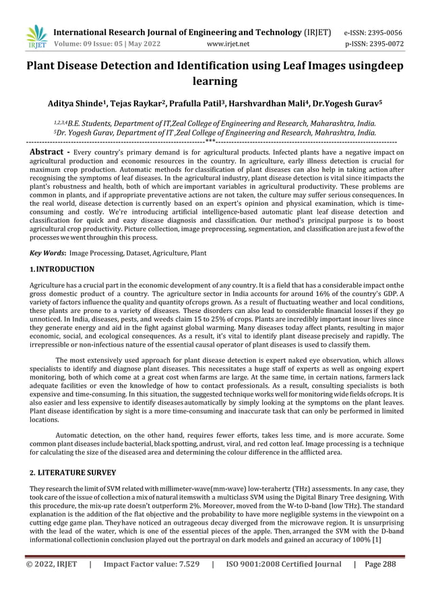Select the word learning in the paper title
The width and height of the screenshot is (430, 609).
tap(215, 82)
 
